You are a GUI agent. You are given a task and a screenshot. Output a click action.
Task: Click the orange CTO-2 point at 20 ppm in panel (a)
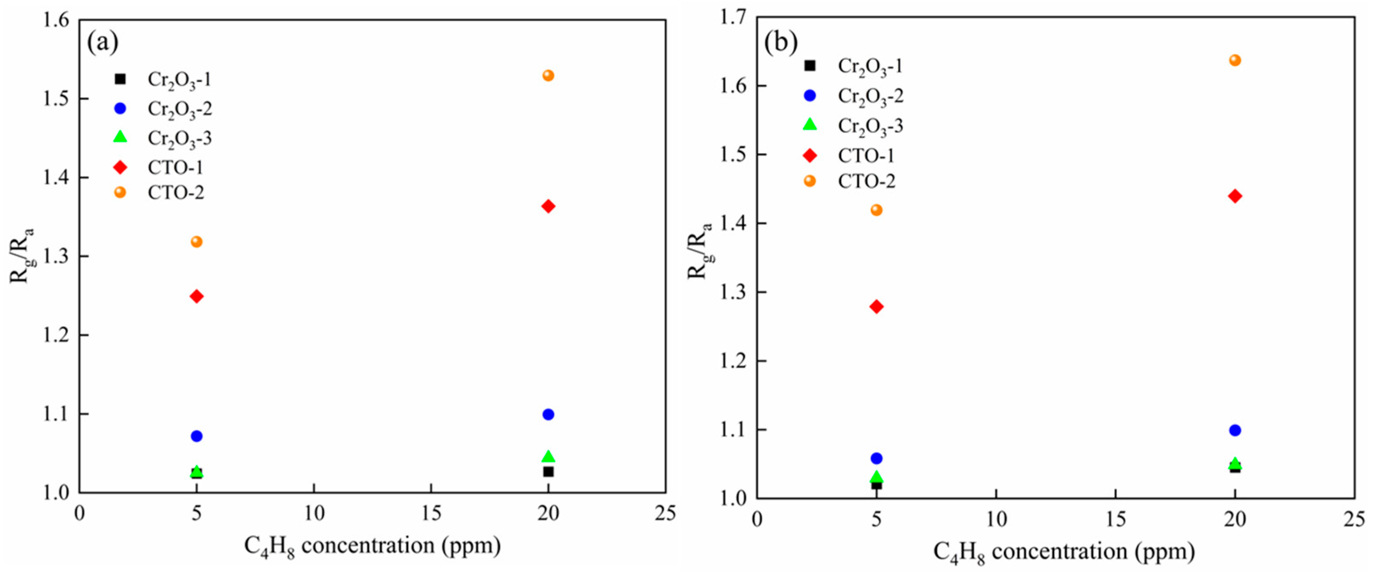point(548,76)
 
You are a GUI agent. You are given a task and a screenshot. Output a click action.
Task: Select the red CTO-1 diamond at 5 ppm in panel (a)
point(197,296)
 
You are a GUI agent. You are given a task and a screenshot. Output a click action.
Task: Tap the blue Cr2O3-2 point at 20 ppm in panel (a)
point(548,414)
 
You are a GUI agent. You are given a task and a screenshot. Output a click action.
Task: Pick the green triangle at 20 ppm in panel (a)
point(548,456)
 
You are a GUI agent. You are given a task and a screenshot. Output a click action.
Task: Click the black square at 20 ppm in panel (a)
point(548,471)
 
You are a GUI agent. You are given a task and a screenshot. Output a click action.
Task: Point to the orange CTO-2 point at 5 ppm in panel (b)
point(876,210)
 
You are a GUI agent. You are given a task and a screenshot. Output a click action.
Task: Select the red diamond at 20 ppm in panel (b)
point(1235,196)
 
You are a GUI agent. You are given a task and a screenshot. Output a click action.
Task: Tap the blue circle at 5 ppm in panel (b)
point(876,458)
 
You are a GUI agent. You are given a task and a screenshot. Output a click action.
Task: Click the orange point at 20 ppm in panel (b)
point(1235,60)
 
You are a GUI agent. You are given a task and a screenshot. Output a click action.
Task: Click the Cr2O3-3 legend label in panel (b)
point(870,126)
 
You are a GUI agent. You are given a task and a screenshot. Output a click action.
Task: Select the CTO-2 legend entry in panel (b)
point(866,181)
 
